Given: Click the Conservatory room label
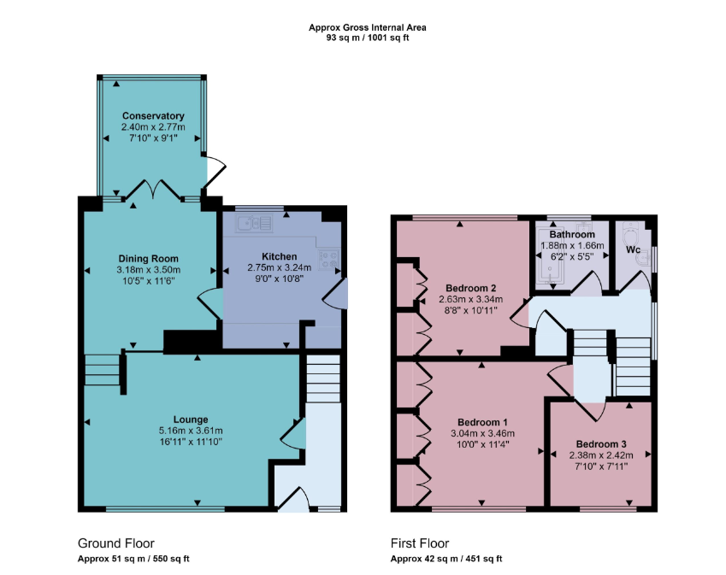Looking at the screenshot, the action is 153,115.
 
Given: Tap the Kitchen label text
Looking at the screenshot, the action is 279,256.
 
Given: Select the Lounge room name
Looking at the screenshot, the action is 191,420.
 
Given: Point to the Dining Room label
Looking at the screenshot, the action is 148,259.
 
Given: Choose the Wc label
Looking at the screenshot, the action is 633,249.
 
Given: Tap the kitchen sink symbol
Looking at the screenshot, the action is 254,224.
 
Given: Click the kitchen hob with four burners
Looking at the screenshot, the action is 328,259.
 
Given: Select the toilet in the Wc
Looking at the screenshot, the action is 630,233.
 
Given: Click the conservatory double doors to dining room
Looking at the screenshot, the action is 153,191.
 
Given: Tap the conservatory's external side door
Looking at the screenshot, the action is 215,172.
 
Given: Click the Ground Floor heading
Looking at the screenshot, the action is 115,543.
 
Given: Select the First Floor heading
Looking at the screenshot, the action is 420,543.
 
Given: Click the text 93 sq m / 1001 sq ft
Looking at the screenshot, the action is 368,38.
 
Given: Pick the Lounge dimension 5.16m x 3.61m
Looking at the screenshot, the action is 191,431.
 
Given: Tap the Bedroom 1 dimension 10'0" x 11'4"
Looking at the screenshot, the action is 482,444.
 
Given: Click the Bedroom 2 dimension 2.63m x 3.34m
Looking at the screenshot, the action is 471,299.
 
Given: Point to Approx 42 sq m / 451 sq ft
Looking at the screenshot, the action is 446,559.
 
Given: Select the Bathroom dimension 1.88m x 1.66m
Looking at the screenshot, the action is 572,246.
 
